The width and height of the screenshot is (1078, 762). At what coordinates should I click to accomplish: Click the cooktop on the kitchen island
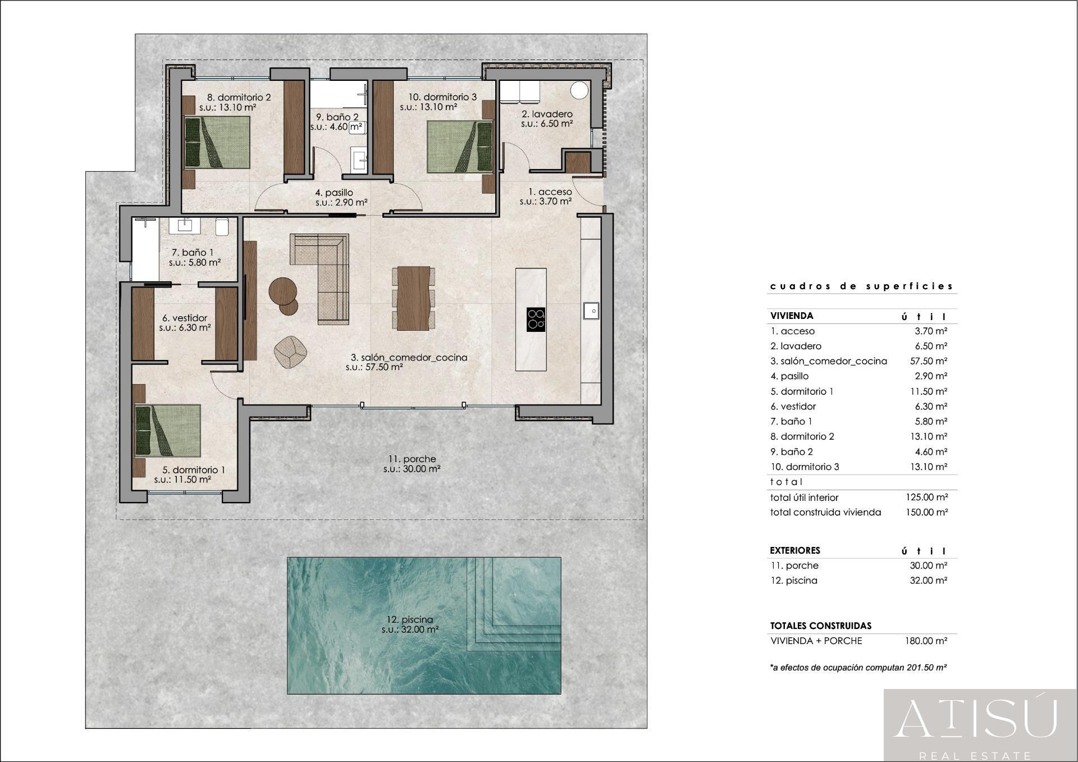tap(536, 319)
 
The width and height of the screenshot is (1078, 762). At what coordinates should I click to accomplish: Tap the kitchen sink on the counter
tap(591, 310)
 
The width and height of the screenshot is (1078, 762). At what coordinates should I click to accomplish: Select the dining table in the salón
tap(413, 298)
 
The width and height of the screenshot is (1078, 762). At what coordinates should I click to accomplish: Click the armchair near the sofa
tap(290, 352)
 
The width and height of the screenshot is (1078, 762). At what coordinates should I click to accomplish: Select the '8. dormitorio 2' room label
tap(236, 97)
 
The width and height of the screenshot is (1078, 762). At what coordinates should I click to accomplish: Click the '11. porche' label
tap(408, 459)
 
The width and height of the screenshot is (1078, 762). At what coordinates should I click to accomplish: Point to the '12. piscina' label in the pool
tap(409, 619)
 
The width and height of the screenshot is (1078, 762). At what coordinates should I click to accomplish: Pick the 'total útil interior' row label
tap(804, 498)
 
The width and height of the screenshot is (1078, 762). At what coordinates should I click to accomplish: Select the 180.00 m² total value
tap(926, 641)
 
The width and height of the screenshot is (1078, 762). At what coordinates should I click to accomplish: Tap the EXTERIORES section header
tap(795, 550)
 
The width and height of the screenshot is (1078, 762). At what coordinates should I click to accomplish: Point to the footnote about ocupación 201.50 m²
tap(858, 668)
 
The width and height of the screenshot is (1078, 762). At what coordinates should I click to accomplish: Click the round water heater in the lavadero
tap(579, 90)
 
